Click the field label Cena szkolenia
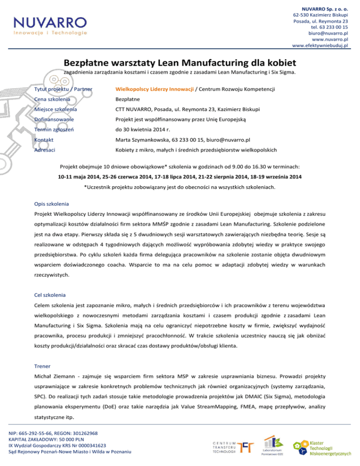coord(52,99)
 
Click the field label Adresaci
coord(45,150)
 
